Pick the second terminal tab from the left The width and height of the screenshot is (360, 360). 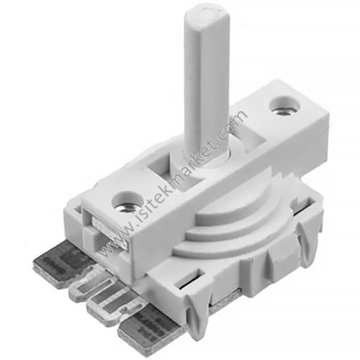tap(92, 283)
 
